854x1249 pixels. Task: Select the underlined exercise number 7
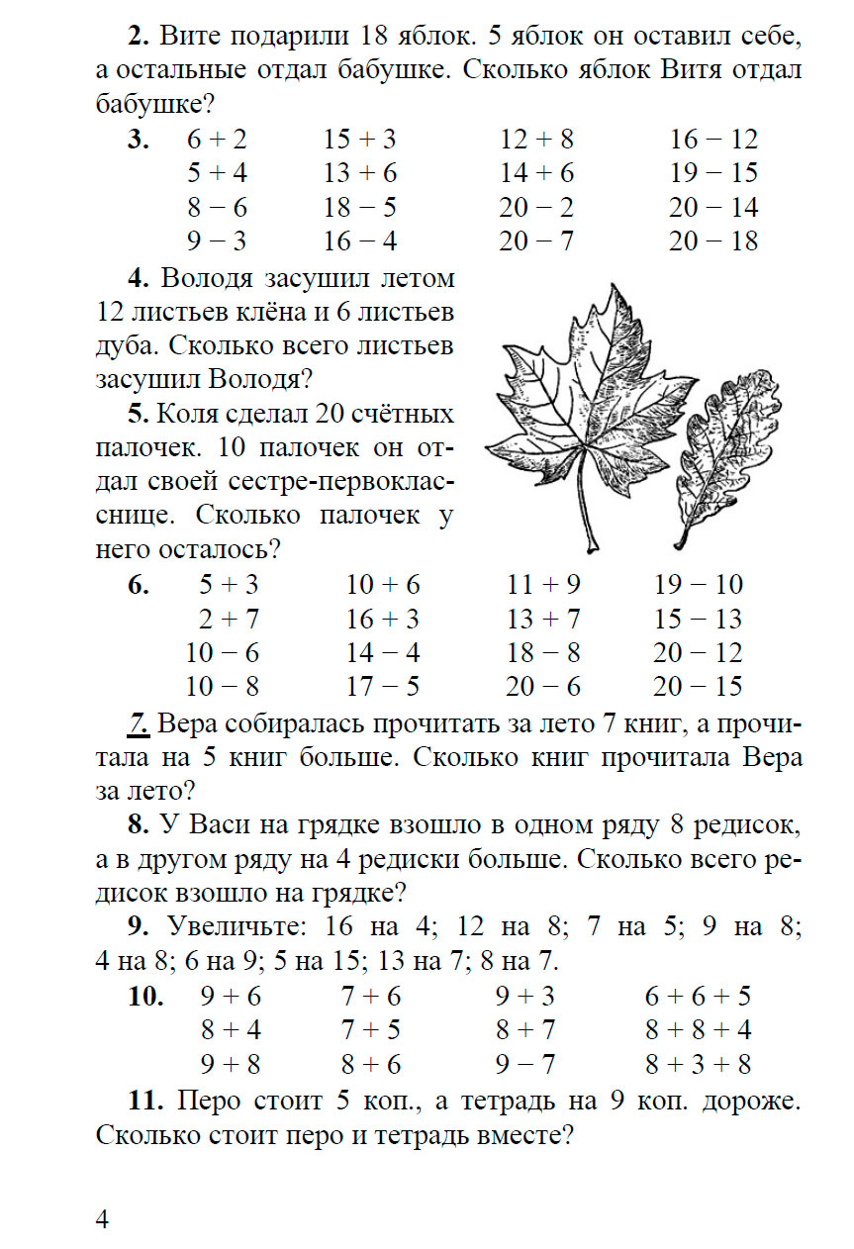tap(138, 724)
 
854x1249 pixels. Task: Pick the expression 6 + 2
tap(217, 140)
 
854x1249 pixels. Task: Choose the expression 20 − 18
tap(713, 240)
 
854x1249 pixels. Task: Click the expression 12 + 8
tap(536, 140)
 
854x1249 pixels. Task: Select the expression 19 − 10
tap(699, 585)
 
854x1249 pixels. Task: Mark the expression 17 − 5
tap(383, 686)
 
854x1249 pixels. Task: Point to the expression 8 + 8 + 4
tap(699, 1030)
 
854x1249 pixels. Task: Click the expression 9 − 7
tap(526, 1064)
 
